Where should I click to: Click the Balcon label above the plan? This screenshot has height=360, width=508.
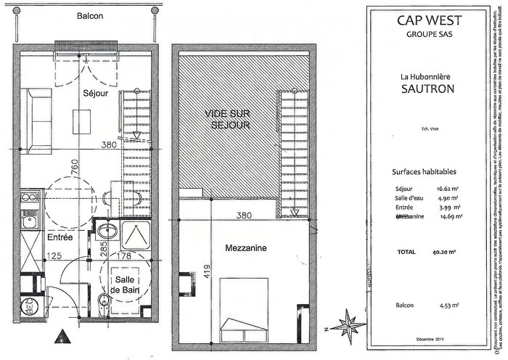[86, 15]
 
